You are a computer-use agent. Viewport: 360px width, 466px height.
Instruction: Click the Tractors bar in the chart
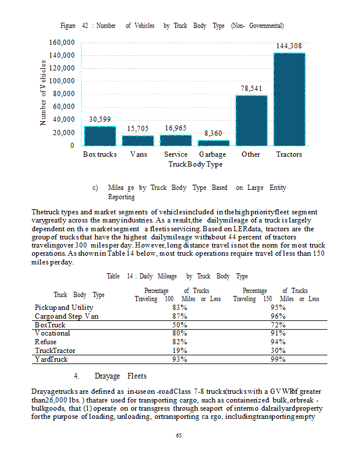(x=289, y=99)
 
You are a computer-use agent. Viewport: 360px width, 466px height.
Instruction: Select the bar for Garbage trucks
(x=213, y=143)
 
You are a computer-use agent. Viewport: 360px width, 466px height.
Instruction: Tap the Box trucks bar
(x=100, y=136)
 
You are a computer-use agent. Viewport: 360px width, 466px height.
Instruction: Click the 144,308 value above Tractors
(x=289, y=45)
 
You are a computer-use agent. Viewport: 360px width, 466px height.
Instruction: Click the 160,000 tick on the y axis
(x=62, y=43)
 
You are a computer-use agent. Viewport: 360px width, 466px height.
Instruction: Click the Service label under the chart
(x=175, y=154)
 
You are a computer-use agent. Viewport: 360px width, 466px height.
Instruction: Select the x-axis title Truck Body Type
(x=195, y=165)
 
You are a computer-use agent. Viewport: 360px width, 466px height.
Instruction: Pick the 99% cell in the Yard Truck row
(x=277, y=359)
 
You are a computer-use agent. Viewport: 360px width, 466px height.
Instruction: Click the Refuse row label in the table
(x=46, y=342)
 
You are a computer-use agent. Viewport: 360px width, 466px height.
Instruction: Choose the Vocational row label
(x=52, y=333)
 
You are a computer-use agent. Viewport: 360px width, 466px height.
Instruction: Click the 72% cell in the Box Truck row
(x=277, y=324)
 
